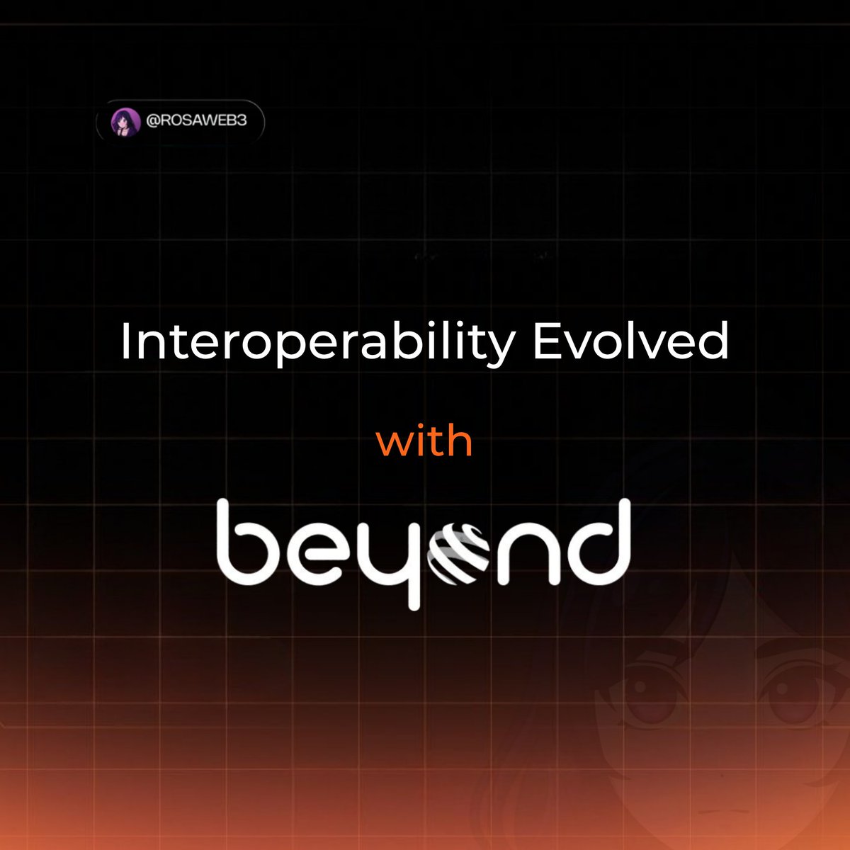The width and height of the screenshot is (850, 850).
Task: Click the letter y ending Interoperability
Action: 500,348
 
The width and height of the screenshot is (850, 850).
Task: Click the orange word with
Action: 424,441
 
